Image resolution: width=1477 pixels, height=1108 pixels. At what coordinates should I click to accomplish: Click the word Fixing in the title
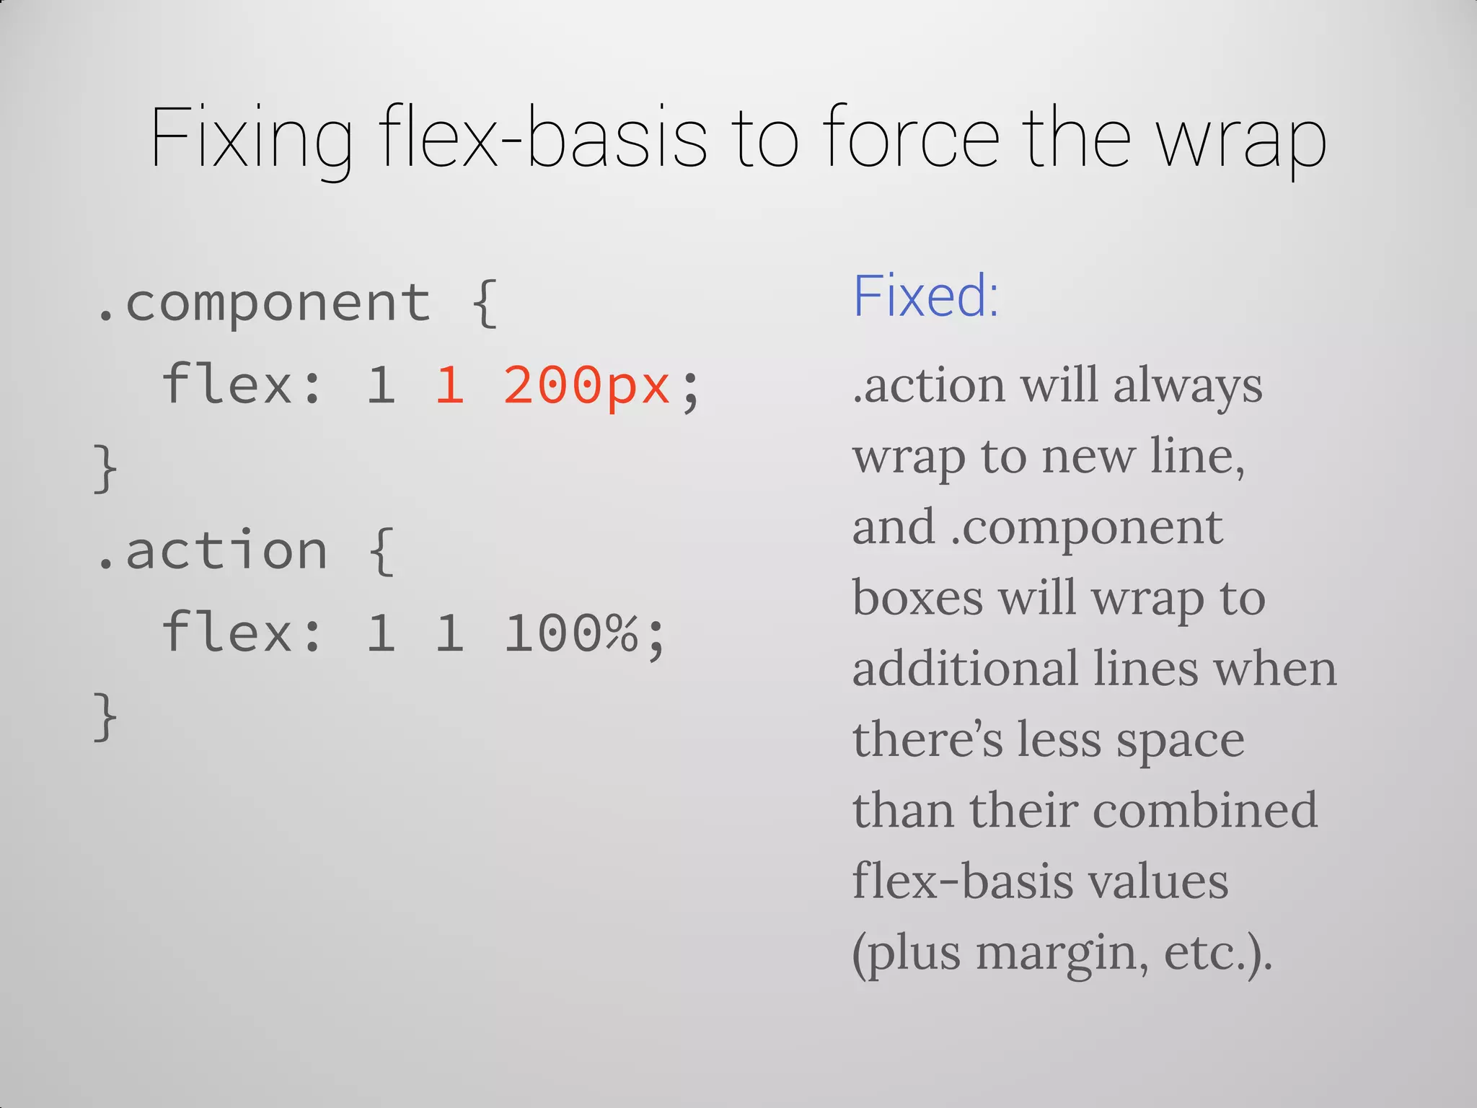(251, 138)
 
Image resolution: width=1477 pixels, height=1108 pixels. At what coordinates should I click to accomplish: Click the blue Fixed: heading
(925, 296)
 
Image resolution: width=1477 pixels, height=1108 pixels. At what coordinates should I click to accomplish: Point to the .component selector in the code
(263, 303)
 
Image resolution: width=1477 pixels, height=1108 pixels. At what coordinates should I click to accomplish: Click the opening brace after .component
(485, 303)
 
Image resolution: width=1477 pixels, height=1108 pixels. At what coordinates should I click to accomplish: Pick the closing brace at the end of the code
(105, 716)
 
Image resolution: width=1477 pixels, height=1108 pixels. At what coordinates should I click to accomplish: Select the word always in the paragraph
(1188, 386)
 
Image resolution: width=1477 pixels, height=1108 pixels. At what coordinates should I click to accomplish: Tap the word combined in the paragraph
(1205, 809)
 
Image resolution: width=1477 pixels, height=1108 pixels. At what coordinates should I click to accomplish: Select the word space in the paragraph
(1181, 740)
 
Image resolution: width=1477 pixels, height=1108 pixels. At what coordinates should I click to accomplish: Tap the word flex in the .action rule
(226, 632)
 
